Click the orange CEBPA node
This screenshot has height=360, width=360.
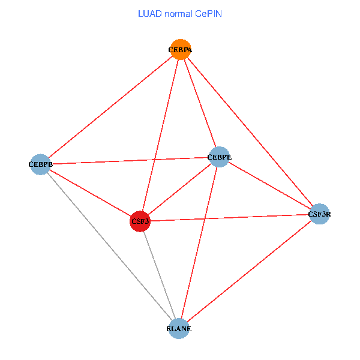(181, 49)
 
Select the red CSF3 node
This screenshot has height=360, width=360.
(140, 221)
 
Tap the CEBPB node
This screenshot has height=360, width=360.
(40, 164)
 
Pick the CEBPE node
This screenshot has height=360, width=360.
(219, 157)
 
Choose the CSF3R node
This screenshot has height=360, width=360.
(319, 214)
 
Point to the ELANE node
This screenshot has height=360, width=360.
(179, 329)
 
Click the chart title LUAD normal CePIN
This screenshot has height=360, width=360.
(180, 14)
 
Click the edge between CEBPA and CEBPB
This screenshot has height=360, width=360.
(110, 107)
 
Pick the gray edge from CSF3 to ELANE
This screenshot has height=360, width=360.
(160, 275)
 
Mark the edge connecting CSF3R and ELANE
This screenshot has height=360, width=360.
(249, 271)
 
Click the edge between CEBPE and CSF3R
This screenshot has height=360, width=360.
(269, 185)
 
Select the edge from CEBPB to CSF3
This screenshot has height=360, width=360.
(90, 193)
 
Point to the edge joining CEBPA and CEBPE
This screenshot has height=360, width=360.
(200, 103)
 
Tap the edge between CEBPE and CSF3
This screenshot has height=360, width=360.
(179, 189)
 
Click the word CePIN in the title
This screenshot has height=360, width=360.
(208, 14)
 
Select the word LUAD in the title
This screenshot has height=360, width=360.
(147, 14)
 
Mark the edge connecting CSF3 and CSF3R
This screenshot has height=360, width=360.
(230, 218)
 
